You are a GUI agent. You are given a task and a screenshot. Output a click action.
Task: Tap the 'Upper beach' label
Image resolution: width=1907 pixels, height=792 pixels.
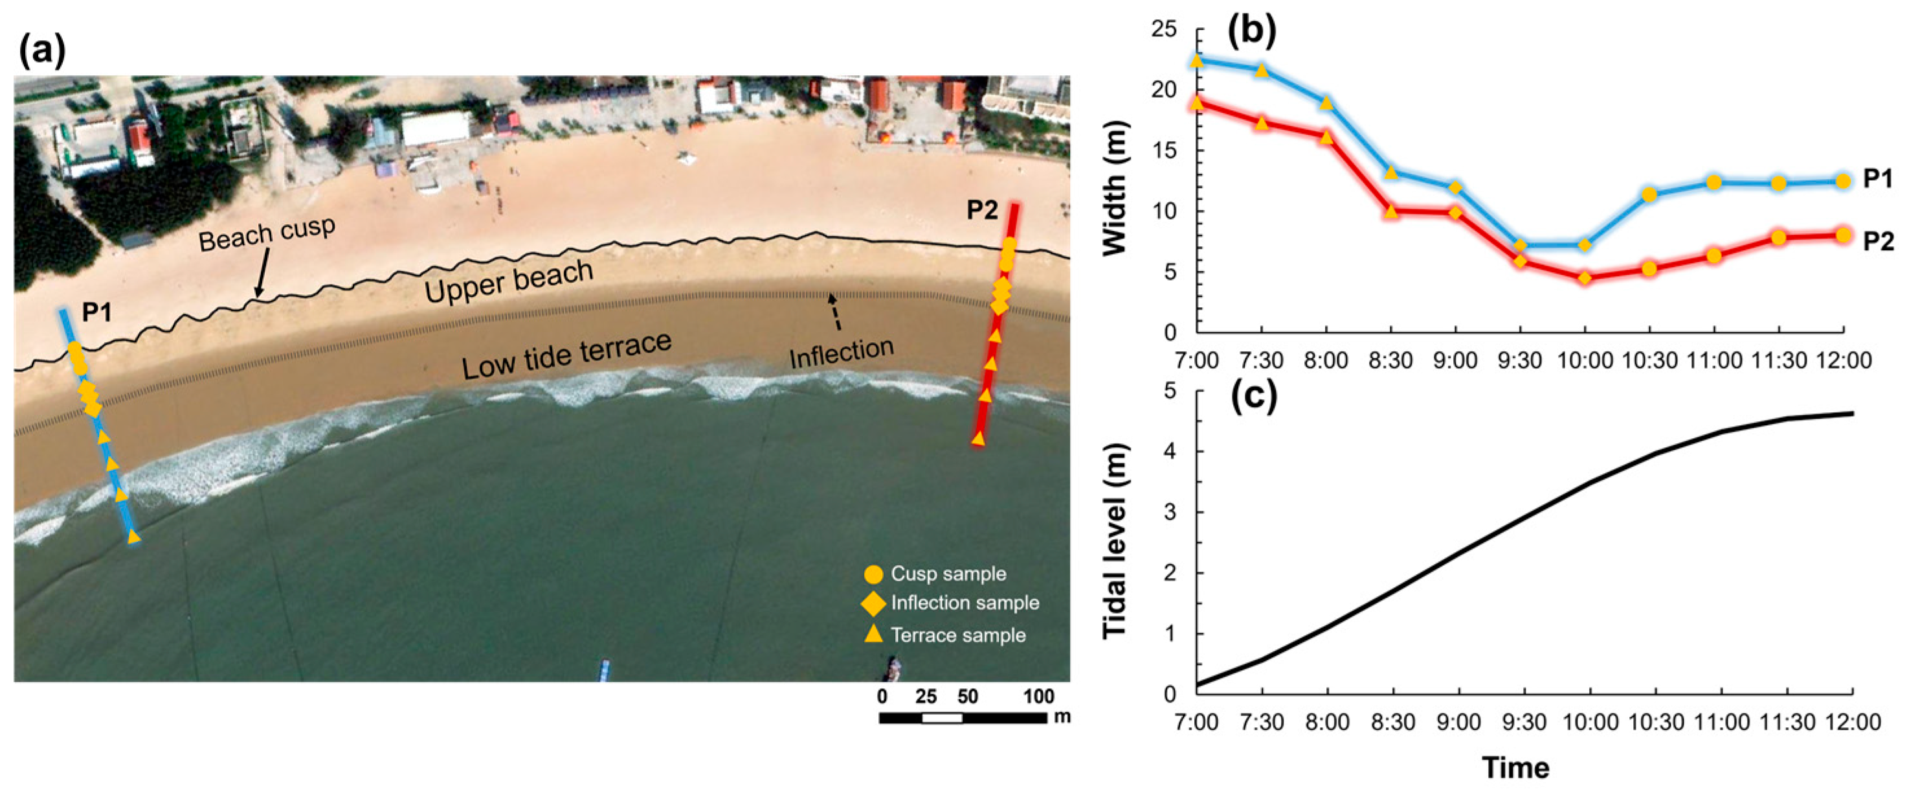[509, 281]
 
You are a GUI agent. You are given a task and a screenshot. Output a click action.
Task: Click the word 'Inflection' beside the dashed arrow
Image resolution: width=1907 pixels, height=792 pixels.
[841, 353]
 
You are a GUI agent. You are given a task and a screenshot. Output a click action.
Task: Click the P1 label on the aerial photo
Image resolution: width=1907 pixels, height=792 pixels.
[97, 312]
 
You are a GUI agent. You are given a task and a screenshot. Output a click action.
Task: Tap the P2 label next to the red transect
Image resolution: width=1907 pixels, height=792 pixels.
[983, 211]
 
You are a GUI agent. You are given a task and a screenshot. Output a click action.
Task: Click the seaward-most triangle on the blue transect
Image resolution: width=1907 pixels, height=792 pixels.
[133, 537]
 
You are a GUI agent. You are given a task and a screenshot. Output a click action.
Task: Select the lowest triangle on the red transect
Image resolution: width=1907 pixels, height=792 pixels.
[978, 439]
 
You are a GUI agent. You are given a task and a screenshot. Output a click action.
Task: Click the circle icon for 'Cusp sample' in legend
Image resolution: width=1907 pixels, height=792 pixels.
[873, 574]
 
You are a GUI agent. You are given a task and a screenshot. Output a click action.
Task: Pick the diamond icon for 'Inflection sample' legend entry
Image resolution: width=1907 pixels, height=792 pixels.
[873, 604]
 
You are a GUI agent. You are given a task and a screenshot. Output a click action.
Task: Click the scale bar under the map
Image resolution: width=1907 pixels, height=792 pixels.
[963, 717]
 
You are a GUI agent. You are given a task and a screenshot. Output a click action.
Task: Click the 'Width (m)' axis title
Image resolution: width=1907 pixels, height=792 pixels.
[1115, 189]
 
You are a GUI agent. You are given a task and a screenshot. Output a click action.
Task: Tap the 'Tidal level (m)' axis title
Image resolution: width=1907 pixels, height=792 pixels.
[1115, 541]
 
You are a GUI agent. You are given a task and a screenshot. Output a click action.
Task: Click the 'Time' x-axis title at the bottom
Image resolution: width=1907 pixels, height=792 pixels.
[1515, 767]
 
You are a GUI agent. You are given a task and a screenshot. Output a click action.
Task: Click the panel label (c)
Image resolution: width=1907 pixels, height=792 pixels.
[1253, 398]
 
